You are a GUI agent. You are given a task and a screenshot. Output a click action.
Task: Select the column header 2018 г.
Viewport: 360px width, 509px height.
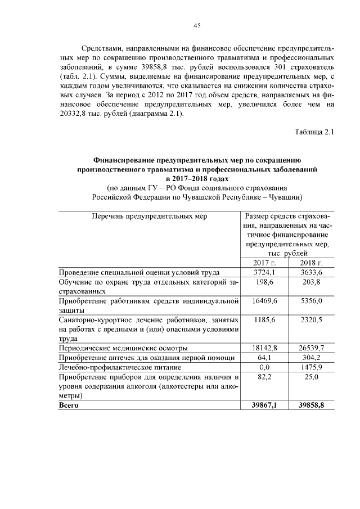310,263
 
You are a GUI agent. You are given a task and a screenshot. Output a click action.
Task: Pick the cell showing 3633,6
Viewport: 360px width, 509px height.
310,272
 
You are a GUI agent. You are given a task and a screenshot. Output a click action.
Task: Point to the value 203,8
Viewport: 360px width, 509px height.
310,282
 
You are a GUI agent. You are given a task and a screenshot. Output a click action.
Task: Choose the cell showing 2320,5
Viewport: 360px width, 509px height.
310,320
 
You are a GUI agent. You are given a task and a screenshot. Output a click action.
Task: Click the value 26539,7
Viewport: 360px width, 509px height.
310,348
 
